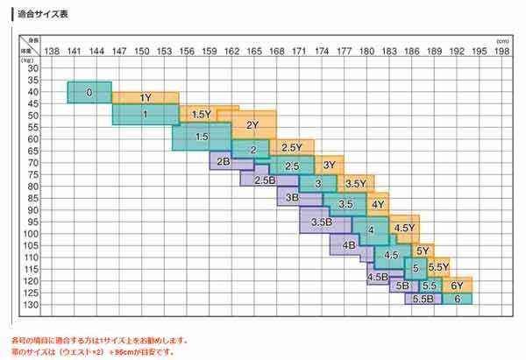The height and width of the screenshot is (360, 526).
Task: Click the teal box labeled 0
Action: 89,92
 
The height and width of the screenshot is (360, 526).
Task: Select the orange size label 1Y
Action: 146,97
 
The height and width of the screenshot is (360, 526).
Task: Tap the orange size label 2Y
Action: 252,124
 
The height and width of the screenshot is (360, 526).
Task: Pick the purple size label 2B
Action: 223,161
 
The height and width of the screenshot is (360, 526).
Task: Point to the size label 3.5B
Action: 321,222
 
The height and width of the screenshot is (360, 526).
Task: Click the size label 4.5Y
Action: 404,228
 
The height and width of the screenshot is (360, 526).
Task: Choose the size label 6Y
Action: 457,286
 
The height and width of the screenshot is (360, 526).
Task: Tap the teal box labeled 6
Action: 457,299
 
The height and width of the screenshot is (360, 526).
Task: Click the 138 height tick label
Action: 52,51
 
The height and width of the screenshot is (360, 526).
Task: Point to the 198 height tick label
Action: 501,51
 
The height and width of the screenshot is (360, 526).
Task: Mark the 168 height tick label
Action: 276,51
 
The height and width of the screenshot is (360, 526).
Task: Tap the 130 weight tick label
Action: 33,305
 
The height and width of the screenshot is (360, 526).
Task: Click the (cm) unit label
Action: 502,41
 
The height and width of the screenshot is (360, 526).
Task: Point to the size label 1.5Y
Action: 202,115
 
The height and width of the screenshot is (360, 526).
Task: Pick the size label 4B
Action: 349,245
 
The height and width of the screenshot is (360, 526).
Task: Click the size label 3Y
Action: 329,164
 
